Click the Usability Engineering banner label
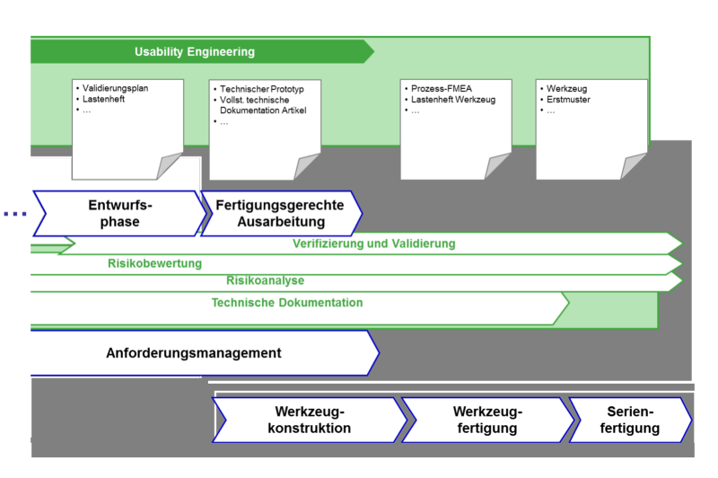(194, 52)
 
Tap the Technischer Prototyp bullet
(260, 89)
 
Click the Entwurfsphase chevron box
(119, 214)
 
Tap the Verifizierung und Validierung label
(373, 243)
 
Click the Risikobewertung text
(154, 263)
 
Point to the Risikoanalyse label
(265, 281)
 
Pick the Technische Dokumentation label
(287, 303)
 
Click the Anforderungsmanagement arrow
(194, 353)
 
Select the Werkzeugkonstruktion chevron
(310, 420)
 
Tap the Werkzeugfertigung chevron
(487, 420)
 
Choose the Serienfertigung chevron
(630, 420)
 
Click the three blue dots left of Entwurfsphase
(13, 214)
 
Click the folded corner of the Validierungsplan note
(171, 168)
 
